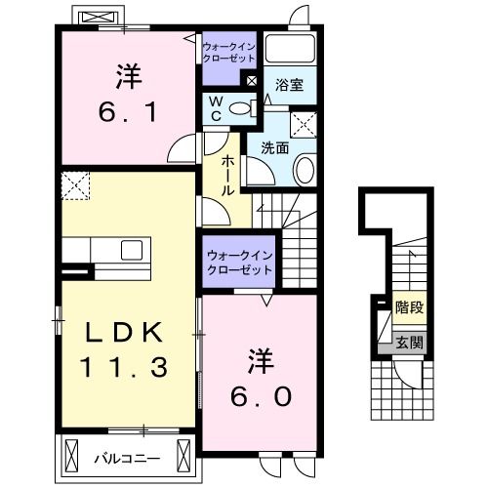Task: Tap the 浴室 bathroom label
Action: click(x=289, y=86)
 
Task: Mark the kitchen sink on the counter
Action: click(x=131, y=250)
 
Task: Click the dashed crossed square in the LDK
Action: click(x=74, y=183)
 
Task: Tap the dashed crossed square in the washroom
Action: click(x=306, y=123)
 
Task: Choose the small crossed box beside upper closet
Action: click(x=253, y=80)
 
